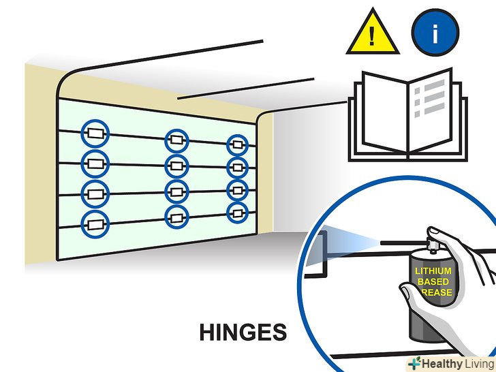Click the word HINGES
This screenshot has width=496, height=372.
point(243,332)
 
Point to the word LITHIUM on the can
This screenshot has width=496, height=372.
point(433,271)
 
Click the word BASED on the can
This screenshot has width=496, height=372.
point(433,281)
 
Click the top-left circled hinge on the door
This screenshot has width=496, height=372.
point(94,133)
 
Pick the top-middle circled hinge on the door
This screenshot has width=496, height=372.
point(176,141)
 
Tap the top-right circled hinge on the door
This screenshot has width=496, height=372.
point(237,144)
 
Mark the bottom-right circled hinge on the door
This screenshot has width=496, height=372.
point(237,211)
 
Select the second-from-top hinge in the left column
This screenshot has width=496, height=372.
point(94,164)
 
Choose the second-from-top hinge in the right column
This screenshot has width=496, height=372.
point(237,167)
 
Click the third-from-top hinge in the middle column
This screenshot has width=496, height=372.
point(176,191)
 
